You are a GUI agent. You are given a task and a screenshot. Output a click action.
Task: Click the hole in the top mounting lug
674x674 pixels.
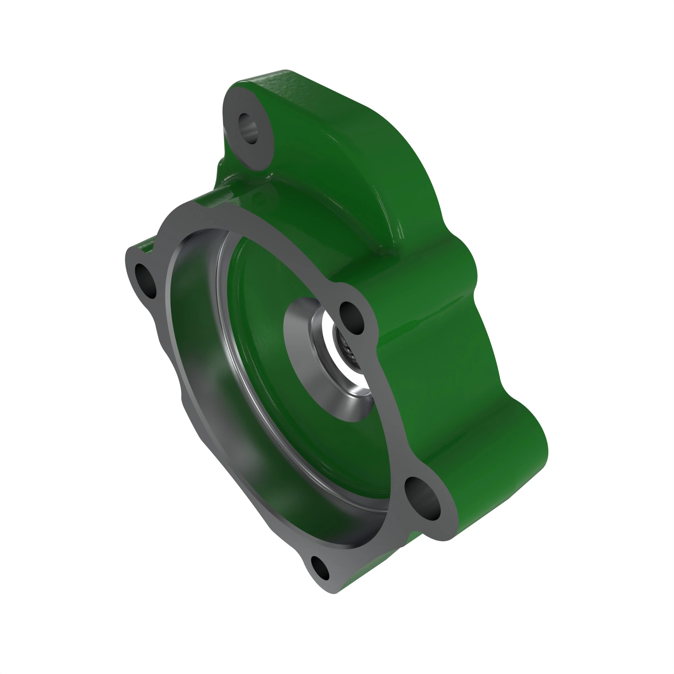[x=248, y=128]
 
